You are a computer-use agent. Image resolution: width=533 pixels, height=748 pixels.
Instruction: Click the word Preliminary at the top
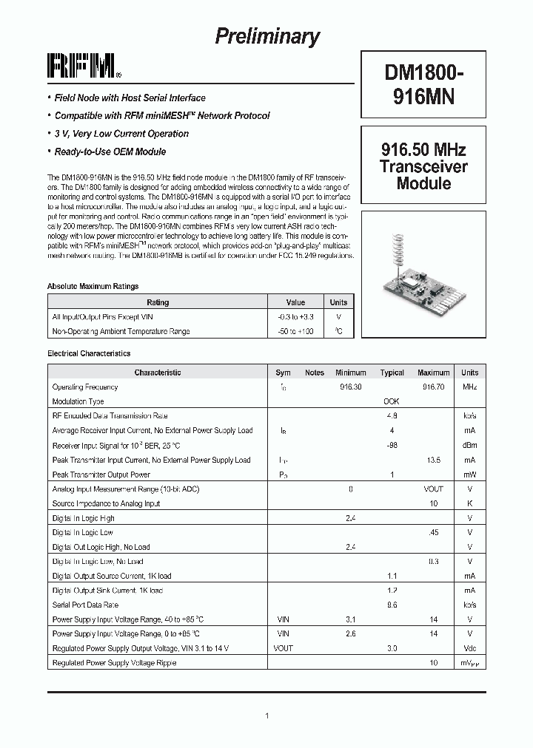point(266,36)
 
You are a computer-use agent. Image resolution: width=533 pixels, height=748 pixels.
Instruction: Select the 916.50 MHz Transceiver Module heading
point(423,166)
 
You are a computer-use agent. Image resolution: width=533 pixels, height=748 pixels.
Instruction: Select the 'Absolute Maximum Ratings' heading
point(93,286)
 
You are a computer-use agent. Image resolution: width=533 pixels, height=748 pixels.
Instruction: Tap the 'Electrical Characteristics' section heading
point(89,354)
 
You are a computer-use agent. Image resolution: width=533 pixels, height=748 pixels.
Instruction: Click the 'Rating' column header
point(158,302)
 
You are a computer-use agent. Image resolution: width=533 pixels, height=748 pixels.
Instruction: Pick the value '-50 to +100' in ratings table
point(295,331)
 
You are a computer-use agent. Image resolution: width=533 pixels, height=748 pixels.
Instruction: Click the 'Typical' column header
point(392,373)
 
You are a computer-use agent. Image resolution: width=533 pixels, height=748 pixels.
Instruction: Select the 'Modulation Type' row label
point(78,401)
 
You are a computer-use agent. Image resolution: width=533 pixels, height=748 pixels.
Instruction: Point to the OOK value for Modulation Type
point(392,401)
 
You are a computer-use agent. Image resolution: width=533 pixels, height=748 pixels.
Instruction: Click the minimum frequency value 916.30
point(351,387)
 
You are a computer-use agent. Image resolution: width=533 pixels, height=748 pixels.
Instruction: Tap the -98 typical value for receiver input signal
point(392,445)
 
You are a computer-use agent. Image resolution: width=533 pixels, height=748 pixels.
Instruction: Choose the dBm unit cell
point(469,445)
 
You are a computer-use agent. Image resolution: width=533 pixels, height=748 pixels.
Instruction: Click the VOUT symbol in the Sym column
point(283,648)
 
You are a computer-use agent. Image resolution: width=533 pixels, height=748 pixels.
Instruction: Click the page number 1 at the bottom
point(266,715)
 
